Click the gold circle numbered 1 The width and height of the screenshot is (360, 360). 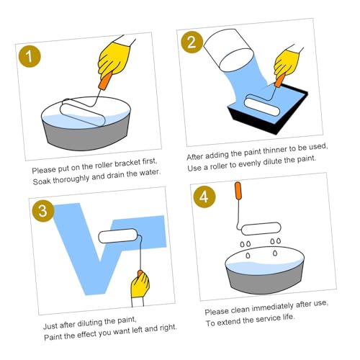[x=30, y=56]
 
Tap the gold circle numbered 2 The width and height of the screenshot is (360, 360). [x=192, y=42]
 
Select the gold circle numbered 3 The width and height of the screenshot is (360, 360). [x=43, y=211]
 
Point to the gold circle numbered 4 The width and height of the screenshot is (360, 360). [x=204, y=197]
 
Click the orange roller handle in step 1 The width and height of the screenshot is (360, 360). [x=105, y=81]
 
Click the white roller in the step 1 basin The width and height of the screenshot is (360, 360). [x=83, y=112]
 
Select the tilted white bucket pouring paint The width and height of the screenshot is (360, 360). [x=228, y=50]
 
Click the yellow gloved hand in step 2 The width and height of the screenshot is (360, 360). [x=287, y=63]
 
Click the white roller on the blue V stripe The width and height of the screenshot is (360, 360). [x=117, y=235]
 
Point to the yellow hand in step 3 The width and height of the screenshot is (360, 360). [x=140, y=285]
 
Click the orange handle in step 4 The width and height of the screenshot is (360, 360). [x=238, y=191]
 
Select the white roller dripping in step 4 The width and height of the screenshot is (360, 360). [x=261, y=228]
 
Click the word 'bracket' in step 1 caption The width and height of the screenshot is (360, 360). [x=127, y=163]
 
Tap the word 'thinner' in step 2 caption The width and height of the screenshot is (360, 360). [x=275, y=150]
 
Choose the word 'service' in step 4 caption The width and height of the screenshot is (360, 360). [x=268, y=319]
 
